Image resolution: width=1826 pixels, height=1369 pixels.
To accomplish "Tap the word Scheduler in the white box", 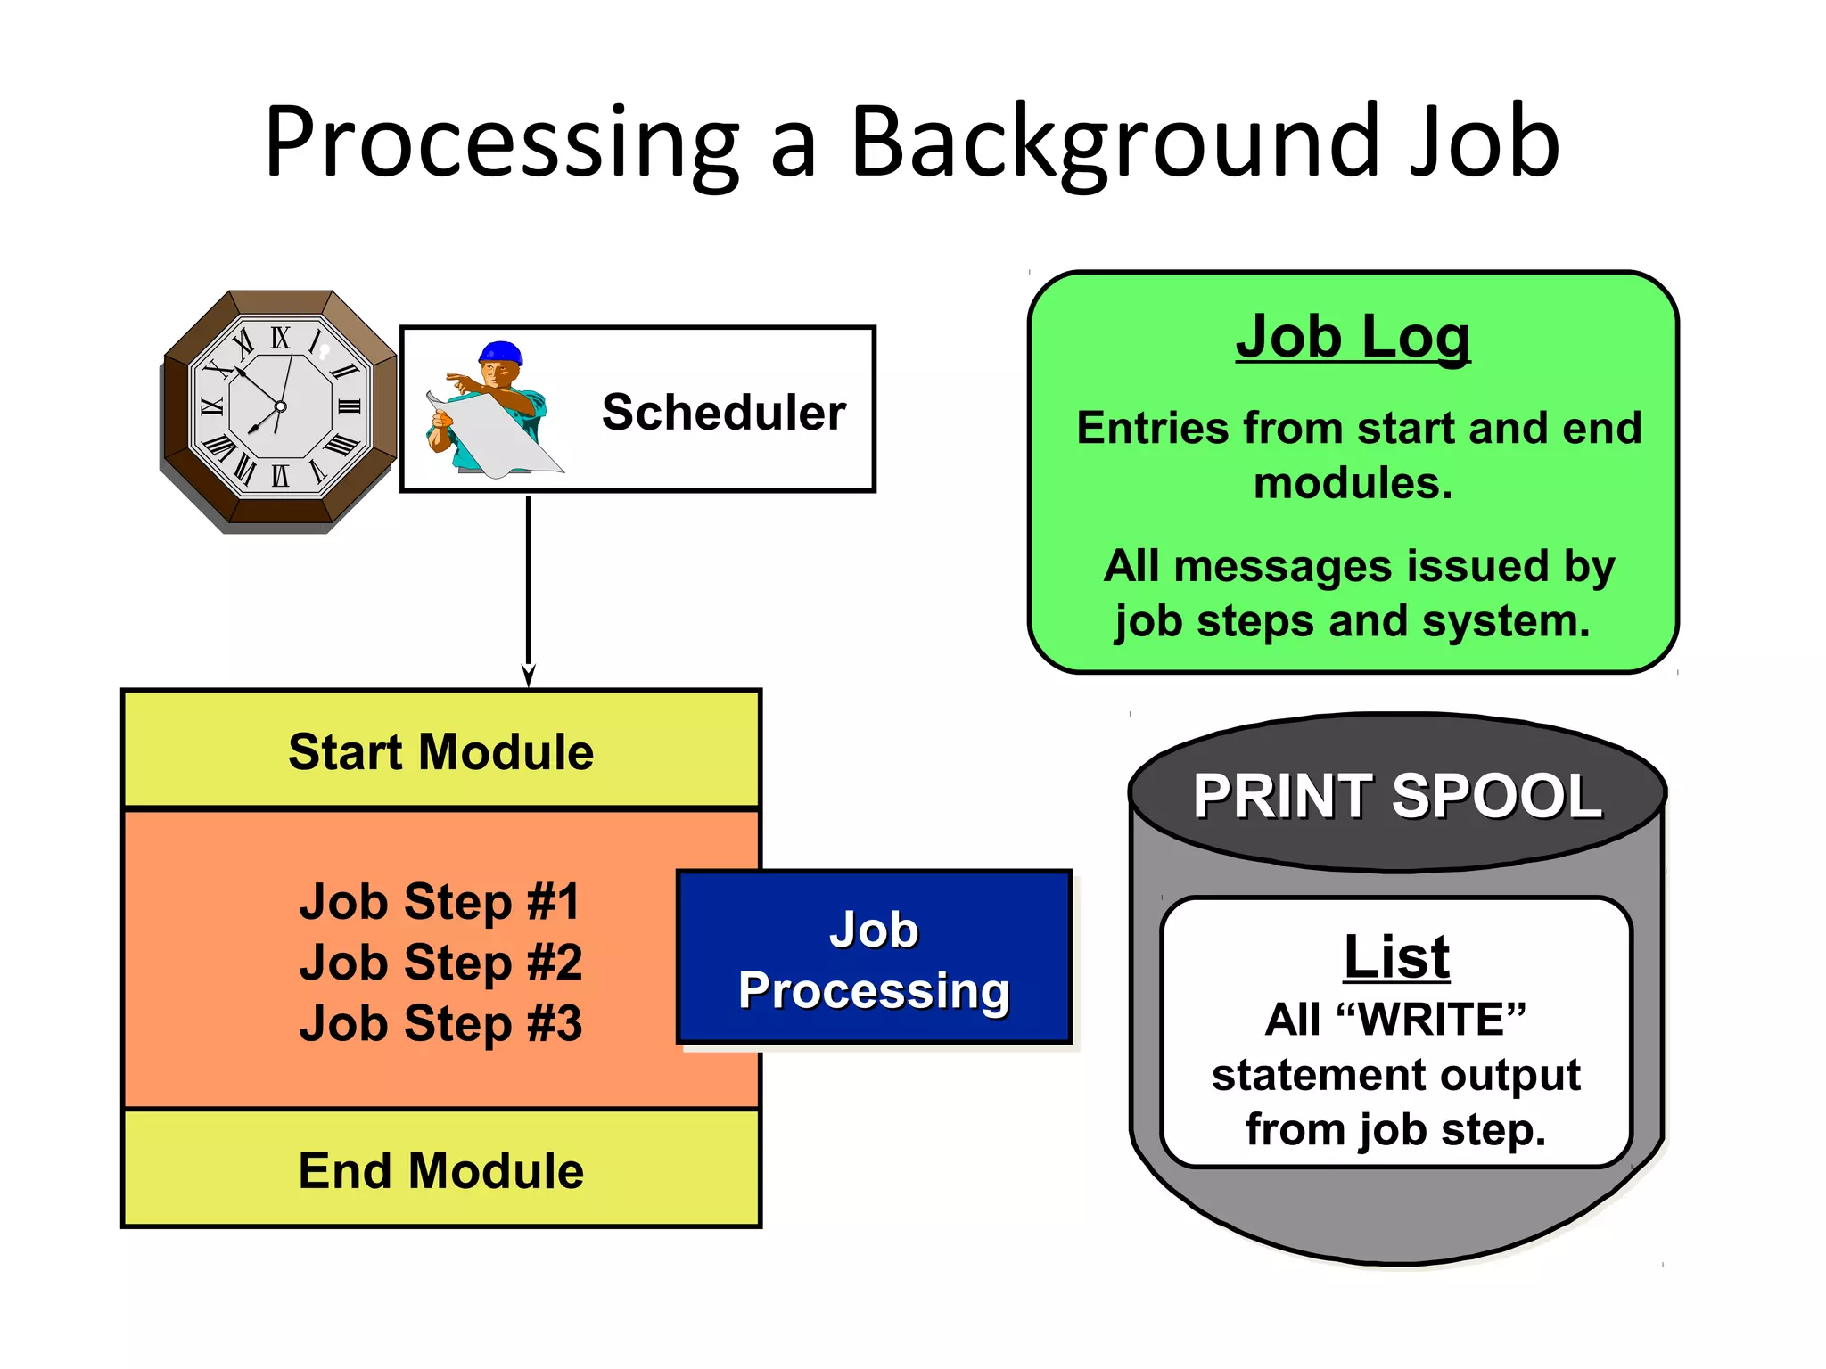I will [723, 412].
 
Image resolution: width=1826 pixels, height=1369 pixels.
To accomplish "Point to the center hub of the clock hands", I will [280, 406].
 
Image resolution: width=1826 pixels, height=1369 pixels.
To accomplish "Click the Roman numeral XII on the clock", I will [280, 338].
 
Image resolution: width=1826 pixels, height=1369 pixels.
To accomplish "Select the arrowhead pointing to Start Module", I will [528, 676].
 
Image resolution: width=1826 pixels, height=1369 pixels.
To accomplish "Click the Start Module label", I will [440, 751].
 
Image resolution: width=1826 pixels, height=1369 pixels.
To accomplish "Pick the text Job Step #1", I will [440, 901].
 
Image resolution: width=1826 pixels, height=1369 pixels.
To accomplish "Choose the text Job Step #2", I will [440, 963].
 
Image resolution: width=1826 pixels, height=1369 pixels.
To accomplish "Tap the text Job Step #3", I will [440, 1023].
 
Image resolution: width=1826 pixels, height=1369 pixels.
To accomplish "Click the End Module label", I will [440, 1170].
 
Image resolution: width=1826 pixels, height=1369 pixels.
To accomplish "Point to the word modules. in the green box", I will [1353, 483].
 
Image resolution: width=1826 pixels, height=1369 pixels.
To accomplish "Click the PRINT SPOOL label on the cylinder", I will [1397, 795].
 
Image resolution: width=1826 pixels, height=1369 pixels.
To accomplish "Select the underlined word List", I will [1396, 957].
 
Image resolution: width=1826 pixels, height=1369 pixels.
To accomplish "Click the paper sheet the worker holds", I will [499, 437].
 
